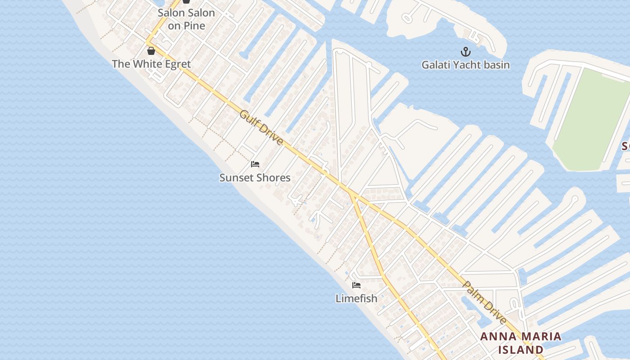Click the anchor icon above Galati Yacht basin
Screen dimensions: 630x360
coord(465,52)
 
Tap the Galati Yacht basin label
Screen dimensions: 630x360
coord(465,65)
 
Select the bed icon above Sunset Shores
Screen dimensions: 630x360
coord(255,164)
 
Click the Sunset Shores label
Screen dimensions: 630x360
coord(255,178)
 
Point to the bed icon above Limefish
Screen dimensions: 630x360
coord(356,285)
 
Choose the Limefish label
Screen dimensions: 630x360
coord(356,298)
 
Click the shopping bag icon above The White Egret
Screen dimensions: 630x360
coord(151,51)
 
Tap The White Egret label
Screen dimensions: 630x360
coord(151,64)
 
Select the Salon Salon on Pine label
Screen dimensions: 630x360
coord(186,19)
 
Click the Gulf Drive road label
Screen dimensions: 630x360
coord(261,128)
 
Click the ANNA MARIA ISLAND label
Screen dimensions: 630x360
coord(521,343)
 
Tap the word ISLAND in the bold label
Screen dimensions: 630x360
coord(521,350)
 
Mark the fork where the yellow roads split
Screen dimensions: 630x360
coord(350,192)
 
